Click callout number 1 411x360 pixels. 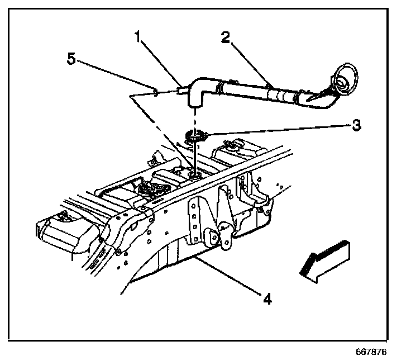[138, 36]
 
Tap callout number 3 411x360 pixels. [356, 125]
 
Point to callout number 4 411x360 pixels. [267, 299]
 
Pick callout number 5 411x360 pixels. [71, 58]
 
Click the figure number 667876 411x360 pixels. [371, 352]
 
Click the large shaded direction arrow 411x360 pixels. [325, 262]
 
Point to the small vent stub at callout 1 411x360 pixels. [183, 90]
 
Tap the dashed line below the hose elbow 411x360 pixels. [195, 120]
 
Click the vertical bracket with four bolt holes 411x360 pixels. [194, 221]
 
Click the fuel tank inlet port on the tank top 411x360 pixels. [194, 176]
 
